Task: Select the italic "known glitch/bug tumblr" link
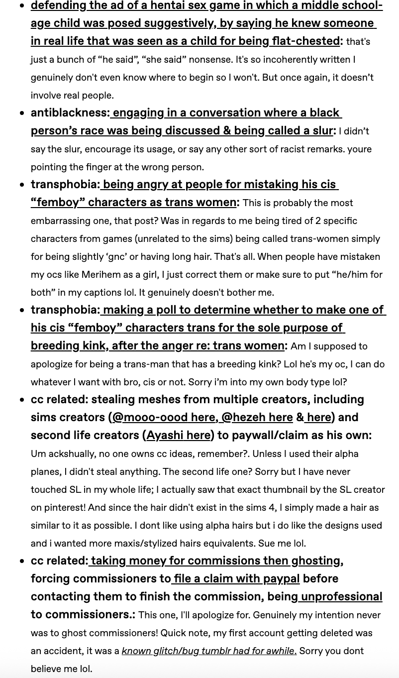209,651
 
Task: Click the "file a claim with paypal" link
237,578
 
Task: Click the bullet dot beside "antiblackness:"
22,113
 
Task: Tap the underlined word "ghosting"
316,561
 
